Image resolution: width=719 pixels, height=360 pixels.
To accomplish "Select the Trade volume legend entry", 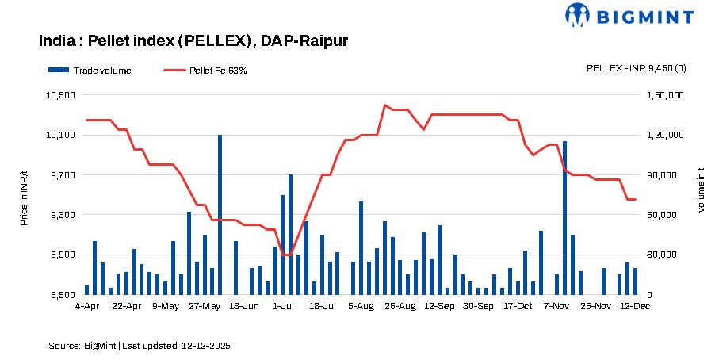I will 90,71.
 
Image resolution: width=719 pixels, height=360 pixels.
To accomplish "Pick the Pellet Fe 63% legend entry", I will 206,71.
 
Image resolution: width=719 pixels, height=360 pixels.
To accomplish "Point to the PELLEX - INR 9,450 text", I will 636,68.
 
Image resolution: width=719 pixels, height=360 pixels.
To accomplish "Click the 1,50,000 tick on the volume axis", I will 665,95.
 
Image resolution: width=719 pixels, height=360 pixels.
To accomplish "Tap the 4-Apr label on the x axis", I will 86,305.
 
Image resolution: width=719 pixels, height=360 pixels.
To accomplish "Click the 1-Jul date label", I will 283,305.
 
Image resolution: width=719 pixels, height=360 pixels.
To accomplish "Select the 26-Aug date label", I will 400,305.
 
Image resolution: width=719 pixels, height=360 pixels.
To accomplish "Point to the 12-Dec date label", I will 634,305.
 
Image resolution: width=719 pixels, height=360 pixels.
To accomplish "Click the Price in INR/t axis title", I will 24,195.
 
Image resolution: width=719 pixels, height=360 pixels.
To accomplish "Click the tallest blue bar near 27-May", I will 220,214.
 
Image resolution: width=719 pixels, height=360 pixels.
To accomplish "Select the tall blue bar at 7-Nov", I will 564,218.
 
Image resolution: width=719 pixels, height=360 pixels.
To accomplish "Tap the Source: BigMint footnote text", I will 140,347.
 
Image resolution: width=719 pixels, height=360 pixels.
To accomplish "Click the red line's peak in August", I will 384,105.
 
